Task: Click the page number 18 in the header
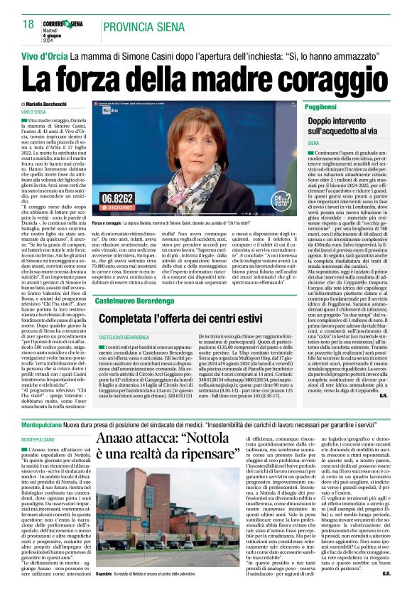point(28,24)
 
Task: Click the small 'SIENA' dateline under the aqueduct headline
point(314,144)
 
